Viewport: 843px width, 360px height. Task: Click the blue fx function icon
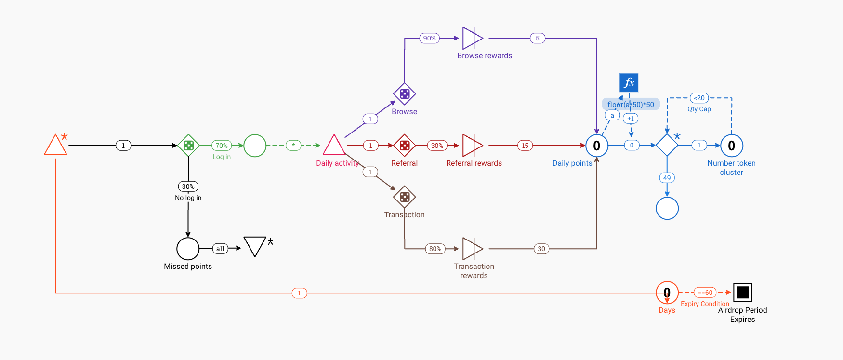(629, 83)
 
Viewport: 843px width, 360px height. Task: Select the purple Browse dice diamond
(404, 94)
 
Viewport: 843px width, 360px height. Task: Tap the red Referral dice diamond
(404, 145)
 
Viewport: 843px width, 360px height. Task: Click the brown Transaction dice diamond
(404, 197)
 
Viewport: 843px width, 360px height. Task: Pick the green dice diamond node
(188, 145)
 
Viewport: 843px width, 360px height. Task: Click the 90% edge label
(429, 38)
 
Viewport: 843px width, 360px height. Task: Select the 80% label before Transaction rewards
(435, 249)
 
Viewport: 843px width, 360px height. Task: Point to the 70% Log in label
(222, 145)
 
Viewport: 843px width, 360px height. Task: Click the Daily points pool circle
(596, 145)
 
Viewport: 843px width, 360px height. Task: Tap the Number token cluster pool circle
(731, 145)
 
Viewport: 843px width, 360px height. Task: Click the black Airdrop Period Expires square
(742, 292)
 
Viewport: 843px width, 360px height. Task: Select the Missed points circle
(188, 249)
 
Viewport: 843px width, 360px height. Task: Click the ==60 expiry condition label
(705, 293)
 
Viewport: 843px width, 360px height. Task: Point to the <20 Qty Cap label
(699, 98)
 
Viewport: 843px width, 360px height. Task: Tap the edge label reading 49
(667, 178)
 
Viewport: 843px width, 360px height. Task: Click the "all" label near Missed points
(220, 249)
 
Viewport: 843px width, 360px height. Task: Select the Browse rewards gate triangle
(472, 38)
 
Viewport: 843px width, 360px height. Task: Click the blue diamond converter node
(667, 145)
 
